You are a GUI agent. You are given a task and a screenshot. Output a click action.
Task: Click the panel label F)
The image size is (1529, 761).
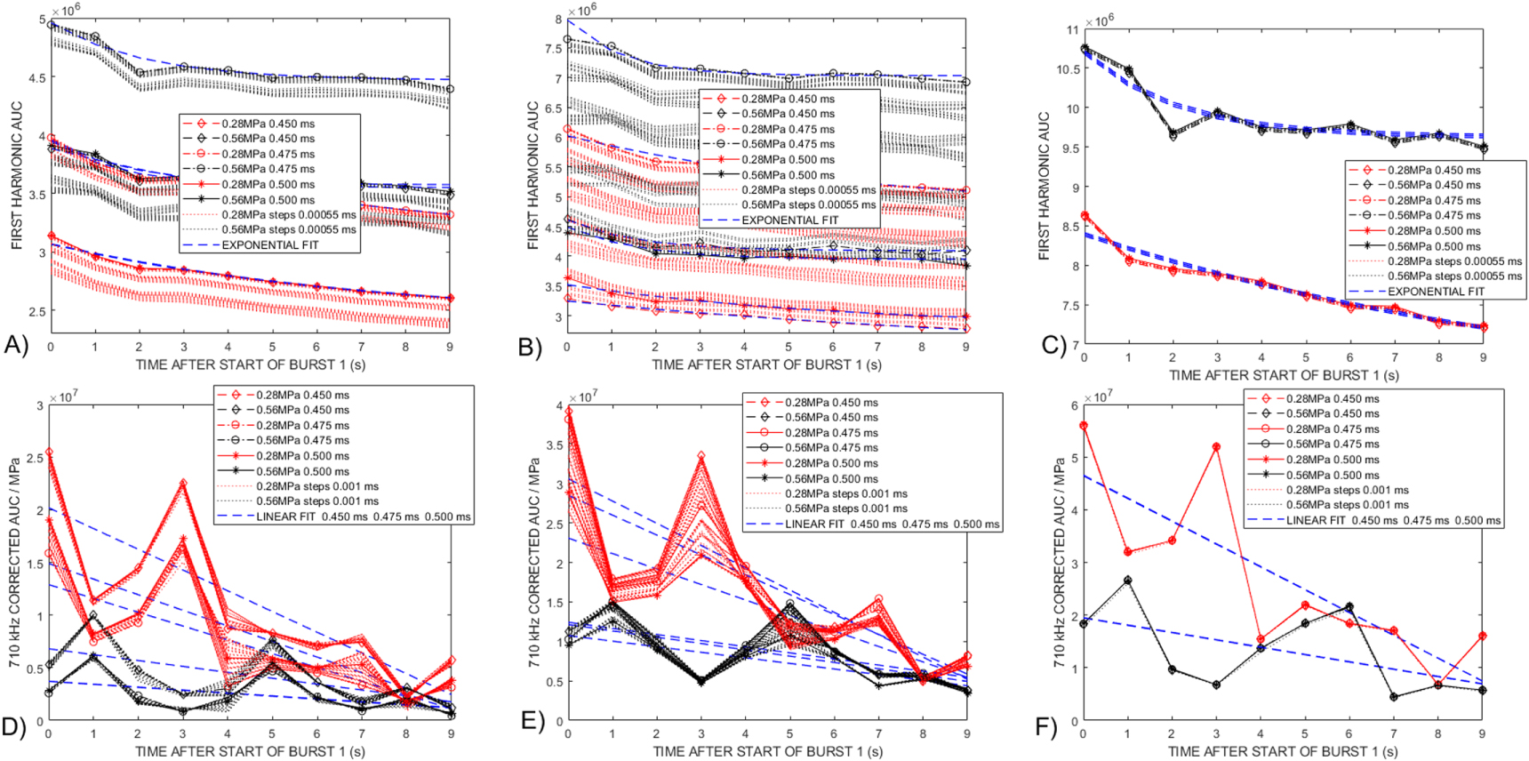pos(1046,727)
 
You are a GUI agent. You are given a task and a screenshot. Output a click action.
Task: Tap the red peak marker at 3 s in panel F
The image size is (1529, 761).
pos(1216,446)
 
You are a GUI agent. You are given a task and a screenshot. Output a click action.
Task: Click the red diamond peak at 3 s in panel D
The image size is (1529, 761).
pos(182,484)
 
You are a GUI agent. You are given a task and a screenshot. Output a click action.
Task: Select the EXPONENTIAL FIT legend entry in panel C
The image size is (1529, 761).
pos(1435,292)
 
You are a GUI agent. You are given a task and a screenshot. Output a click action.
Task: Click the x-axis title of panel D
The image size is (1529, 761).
pos(250,751)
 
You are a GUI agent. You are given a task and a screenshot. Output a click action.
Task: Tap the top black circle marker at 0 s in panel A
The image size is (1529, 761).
pos(51,25)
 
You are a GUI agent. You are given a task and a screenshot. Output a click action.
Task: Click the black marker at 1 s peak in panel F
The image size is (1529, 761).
pos(1127,581)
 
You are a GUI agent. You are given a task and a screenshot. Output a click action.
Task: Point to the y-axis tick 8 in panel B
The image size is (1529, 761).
pos(558,20)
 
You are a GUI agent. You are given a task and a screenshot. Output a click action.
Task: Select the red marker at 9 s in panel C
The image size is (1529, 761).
pos(1483,327)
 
